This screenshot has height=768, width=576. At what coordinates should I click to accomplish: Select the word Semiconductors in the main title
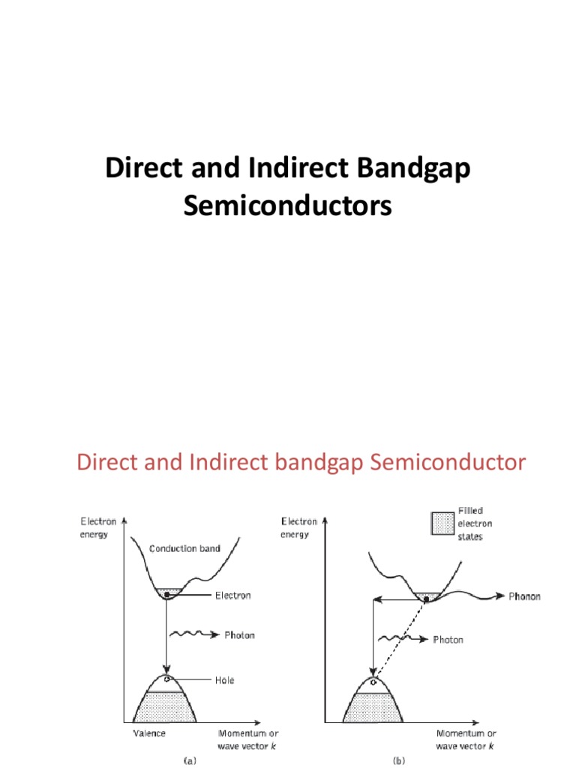(x=288, y=205)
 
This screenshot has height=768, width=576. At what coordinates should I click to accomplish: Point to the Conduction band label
(x=184, y=548)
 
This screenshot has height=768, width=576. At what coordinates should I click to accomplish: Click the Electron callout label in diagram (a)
(x=232, y=595)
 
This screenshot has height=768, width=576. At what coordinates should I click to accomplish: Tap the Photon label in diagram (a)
(x=239, y=635)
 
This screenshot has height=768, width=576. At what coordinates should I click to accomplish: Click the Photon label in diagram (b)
(x=448, y=640)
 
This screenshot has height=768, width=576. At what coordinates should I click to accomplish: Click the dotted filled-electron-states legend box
(x=442, y=523)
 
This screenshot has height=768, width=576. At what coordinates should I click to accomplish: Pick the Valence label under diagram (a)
(x=149, y=733)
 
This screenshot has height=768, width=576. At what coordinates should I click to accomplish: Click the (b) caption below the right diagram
(x=378, y=760)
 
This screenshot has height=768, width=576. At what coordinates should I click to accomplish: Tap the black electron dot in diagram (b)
(x=427, y=598)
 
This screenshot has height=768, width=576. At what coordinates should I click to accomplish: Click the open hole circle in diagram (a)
(x=169, y=679)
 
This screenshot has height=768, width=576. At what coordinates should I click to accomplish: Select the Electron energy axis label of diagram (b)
(x=298, y=527)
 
